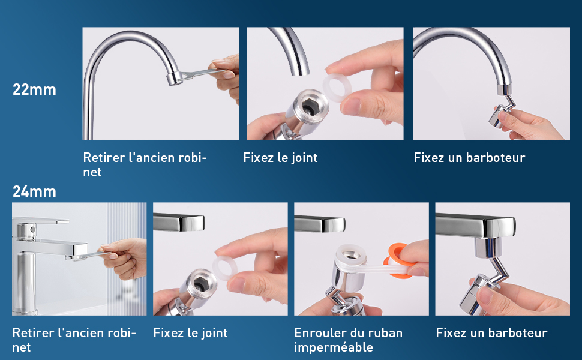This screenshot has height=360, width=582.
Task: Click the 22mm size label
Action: tap(34, 89)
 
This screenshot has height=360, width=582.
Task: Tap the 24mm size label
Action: tap(34, 191)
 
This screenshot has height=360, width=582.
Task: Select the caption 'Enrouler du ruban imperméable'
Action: tap(348, 340)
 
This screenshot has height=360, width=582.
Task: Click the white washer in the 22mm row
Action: tap(337, 88)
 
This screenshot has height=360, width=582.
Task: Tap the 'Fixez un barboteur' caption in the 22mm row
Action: tap(469, 158)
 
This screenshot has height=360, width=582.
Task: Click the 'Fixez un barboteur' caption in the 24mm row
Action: tap(491, 333)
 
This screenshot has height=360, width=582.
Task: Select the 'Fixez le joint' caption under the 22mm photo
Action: tap(280, 158)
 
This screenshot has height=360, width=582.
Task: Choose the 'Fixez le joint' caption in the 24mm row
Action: tap(190, 333)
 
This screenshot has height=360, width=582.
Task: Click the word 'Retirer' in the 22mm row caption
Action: tap(104, 158)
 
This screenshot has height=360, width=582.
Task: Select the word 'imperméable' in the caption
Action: tap(334, 347)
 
